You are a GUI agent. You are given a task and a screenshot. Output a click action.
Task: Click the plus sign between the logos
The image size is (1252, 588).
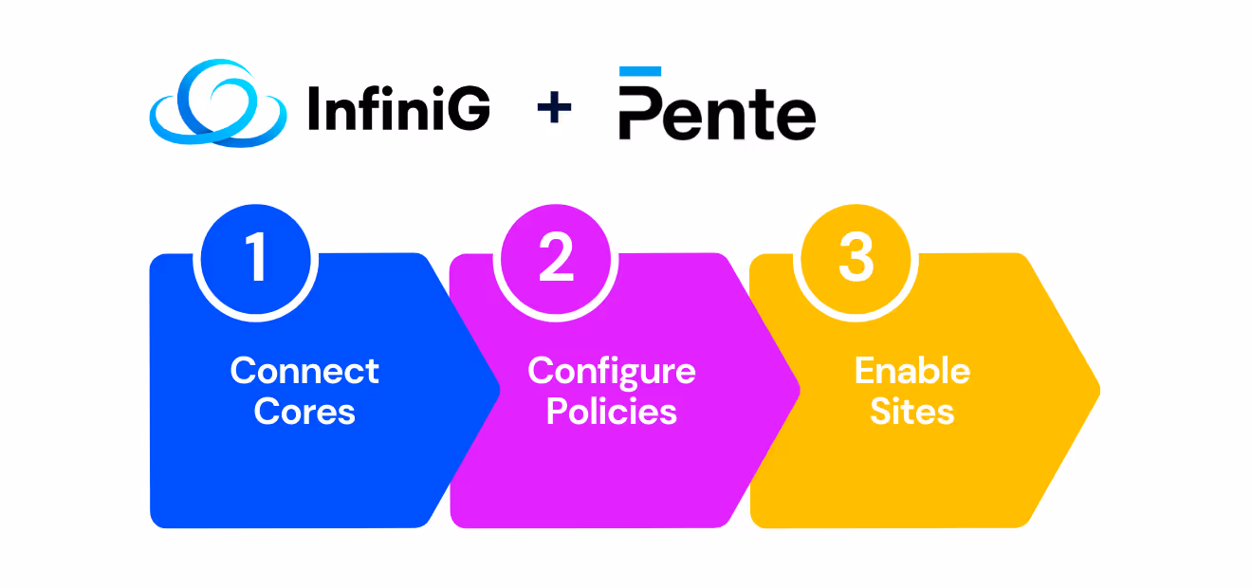554,107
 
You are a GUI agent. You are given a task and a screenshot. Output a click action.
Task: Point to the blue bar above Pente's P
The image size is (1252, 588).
640,71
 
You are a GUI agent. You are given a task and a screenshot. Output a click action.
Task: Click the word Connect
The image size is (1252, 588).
304,370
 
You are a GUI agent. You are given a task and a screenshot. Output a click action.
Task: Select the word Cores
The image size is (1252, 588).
304,412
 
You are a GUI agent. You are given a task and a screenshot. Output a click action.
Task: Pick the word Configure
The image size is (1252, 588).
612,370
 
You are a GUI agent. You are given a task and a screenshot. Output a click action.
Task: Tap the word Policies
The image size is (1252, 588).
612,412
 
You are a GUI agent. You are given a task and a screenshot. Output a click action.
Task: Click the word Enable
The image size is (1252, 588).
912,370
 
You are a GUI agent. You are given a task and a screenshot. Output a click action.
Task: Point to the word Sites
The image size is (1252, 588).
912,412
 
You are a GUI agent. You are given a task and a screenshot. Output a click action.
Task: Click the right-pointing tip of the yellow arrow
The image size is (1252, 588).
1095,390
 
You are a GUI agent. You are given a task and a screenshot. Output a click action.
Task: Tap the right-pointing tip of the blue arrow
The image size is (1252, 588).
496,390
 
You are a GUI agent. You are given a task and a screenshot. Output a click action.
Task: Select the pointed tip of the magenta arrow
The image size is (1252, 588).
796,390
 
